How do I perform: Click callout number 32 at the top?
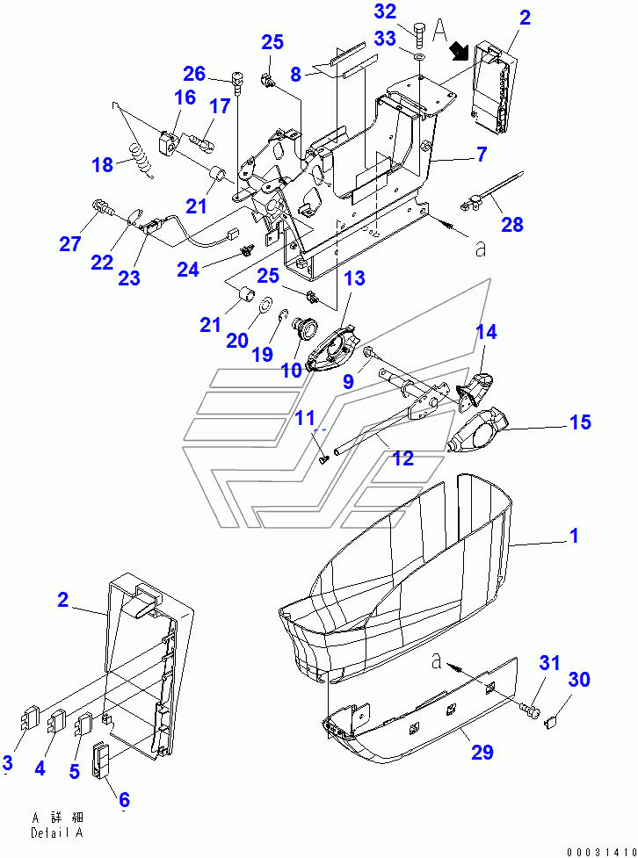[x=385, y=11]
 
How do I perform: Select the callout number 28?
[x=511, y=225]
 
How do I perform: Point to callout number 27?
[x=69, y=243]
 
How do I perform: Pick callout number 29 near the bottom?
[x=482, y=752]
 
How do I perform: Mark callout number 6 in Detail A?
[x=124, y=799]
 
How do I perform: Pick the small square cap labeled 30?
[x=554, y=722]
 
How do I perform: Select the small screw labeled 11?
[x=324, y=457]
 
